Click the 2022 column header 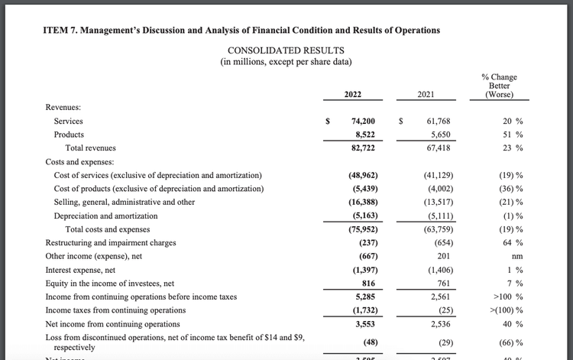(352, 95)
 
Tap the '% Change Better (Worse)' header (499, 86)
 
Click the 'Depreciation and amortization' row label (105, 216)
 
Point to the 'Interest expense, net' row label (80, 270)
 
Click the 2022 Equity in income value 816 (367, 284)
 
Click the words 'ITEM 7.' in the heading (62, 30)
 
